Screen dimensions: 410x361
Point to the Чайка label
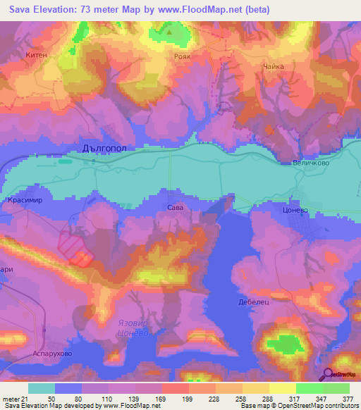(272, 66)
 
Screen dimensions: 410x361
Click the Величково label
(310, 163)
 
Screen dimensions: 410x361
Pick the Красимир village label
(25, 200)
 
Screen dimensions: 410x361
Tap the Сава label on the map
(175, 208)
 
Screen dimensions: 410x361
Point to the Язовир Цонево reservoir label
(133, 328)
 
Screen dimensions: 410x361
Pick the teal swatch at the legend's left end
(41, 388)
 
